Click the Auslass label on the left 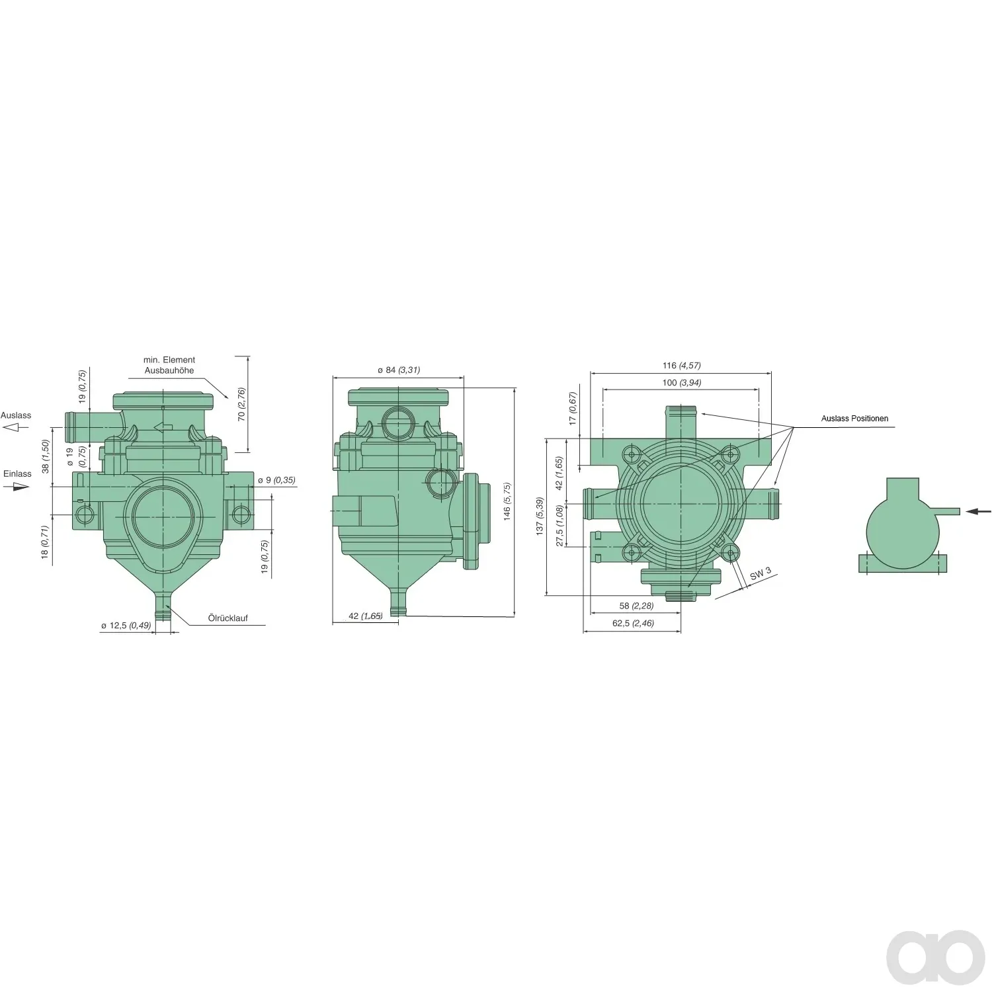tap(16, 415)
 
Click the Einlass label tap(17, 474)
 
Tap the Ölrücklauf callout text tap(228, 618)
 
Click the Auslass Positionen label tap(854, 419)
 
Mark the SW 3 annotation tap(761, 574)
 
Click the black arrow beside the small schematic tap(979, 511)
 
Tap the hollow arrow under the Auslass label tap(16, 428)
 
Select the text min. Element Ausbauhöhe tap(169, 365)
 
